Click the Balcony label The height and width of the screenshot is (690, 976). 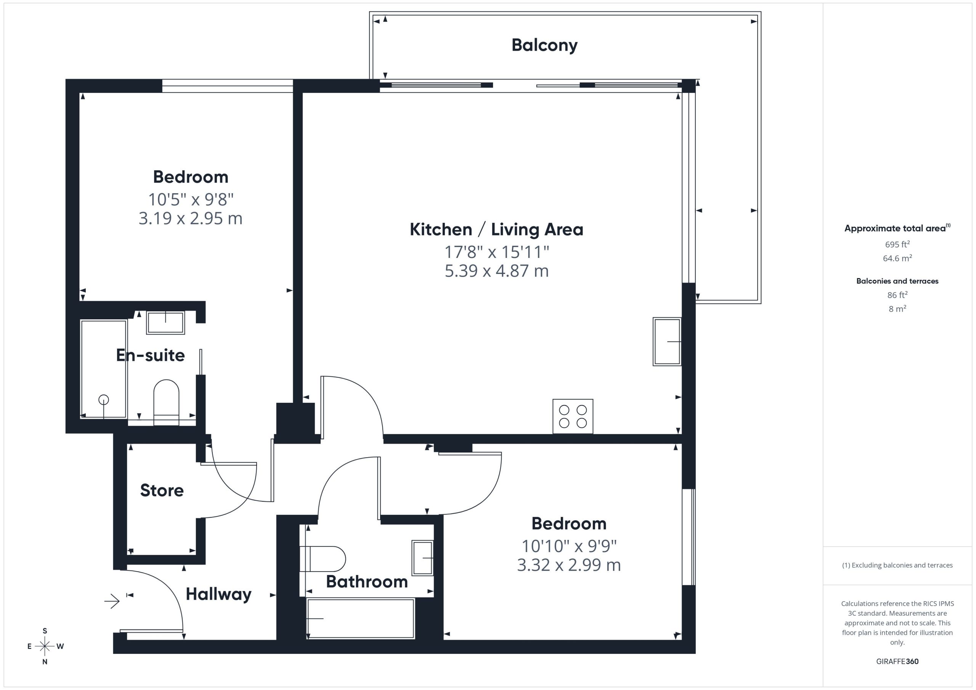[x=544, y=45]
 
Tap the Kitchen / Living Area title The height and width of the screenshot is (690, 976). [x=496, y=229]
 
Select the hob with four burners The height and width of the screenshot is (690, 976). [x=573, y=416]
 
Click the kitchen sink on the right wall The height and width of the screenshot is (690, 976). [x=667, y=342]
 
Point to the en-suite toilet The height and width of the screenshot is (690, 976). [x=166, y=402]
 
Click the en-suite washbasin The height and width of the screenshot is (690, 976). [x=165, y=322]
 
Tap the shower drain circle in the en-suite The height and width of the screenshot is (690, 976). [x=103, y=400]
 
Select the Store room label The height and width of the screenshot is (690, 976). [x=162, y=490]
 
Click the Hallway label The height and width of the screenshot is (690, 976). [x=218, y=594]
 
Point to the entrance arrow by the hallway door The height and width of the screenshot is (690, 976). [x=112, y=601]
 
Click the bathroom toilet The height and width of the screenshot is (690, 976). [x=323, y=559]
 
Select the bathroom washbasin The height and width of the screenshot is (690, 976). [x=422, y=558]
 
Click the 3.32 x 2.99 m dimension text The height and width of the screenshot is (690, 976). [x=569, y=565]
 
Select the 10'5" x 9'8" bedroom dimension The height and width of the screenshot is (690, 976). [x=191, y=199]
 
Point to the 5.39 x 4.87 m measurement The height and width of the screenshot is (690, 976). [x=496, y=271]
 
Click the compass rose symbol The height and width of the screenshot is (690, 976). [x=45, y=646]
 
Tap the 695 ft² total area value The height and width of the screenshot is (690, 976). [x=897, y=244]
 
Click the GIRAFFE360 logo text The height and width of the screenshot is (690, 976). [x=897, y=661]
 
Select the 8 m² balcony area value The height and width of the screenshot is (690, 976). [x=897, y=309]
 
